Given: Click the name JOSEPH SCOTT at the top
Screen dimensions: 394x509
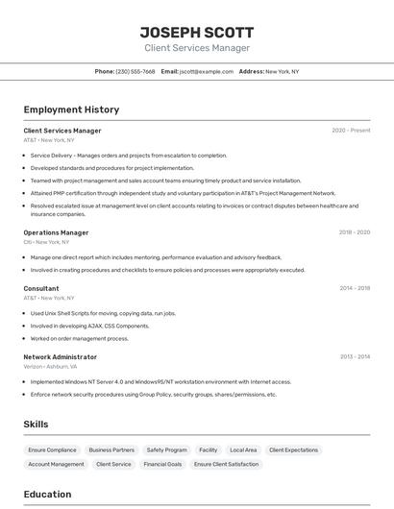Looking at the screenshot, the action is (x=197, y=32).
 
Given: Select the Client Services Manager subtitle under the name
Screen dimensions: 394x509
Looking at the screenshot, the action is (x=197, y=48).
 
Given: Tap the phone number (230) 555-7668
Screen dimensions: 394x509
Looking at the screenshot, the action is (x=135, y=71).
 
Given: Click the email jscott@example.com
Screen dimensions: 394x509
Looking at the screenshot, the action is (x=207, y=71).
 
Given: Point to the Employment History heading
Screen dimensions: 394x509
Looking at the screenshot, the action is (x=71, y=110).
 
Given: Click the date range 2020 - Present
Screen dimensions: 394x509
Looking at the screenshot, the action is (x=351, y=131).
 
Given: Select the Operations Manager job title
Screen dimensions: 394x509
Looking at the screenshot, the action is (x=56, y=232).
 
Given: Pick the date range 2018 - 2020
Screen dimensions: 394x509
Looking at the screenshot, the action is (x=354, y=232).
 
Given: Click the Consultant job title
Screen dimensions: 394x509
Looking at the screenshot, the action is (x=41, y=288).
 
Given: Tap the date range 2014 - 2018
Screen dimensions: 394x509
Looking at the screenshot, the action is (x=354, y=288).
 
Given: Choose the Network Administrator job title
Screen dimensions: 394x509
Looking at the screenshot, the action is (x=61, y=357).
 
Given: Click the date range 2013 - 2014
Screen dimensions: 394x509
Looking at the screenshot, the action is (x=355, y=357).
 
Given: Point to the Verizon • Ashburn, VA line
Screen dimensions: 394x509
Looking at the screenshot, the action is (x=50, y=366).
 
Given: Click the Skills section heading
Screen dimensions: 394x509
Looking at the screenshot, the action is (x=36, y=424).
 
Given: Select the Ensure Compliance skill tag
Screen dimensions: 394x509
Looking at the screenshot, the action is (x=52, y=449).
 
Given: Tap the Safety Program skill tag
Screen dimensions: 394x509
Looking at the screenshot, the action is (x=166, y=449).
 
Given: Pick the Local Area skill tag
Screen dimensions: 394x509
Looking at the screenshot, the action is (x=243, y=449).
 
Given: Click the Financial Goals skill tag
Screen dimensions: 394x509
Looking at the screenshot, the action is (x=162, y=464).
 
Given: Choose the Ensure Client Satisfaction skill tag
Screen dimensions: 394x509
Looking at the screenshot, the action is (x=226, y=464).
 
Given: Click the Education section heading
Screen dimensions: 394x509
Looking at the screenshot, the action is (x=47, y=495).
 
